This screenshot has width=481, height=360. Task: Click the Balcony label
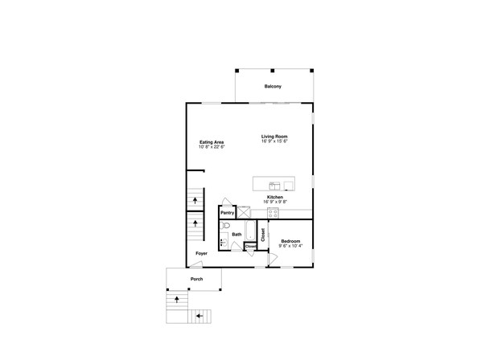(273, 86)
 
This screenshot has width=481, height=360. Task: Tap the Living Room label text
(273, 137)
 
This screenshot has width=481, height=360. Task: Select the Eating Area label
(212, 142)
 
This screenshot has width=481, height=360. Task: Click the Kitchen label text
(274, 197)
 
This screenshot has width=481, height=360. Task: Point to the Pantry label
(228, 213)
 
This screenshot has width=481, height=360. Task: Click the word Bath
(236, 235)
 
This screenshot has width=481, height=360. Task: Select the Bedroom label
(290, 241)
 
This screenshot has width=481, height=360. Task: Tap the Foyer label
(201, 253)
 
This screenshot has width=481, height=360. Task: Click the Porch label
(196, 280)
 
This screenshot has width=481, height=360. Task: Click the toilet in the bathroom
(228, 227)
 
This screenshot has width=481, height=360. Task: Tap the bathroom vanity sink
(223, 242)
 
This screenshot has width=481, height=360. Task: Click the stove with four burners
(273, 213)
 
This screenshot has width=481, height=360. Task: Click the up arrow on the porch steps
(177, 298)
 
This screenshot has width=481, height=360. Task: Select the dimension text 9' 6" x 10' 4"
(290, 246)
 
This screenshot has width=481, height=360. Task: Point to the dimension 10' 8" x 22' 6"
(212, 147)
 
